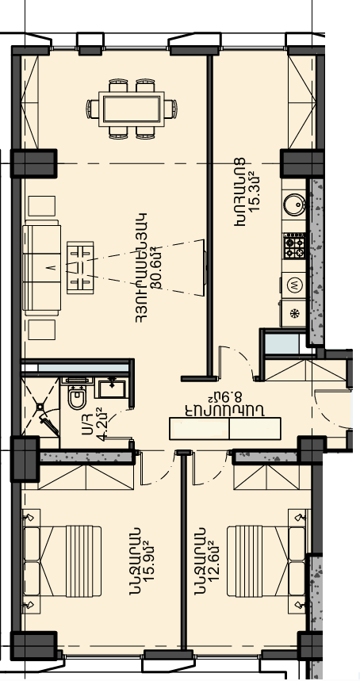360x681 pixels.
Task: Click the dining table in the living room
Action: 131,109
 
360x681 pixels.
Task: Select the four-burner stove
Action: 294,247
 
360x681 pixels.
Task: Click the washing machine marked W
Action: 294,285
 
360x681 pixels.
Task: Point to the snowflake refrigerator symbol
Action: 294,313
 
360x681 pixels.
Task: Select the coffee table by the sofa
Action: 80,267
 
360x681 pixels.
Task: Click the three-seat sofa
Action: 42,268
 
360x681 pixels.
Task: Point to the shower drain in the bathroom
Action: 40,407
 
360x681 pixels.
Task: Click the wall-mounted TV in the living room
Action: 204,267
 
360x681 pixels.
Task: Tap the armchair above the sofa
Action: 42,206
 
